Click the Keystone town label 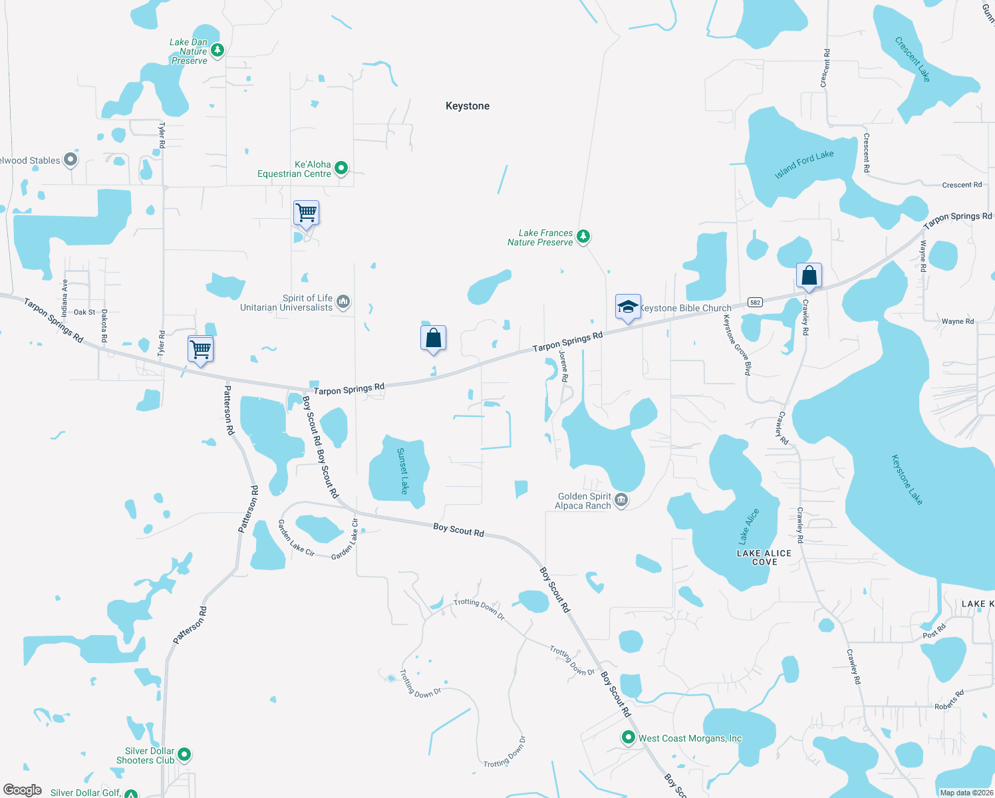468,106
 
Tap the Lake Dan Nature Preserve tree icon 217,51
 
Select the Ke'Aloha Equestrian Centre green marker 341,168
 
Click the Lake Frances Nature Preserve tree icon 583,236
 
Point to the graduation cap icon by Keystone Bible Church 628,307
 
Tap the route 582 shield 754,303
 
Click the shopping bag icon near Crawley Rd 809,275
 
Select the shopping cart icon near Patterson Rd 200,348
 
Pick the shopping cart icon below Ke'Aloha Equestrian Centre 306,213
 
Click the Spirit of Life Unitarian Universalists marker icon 343,303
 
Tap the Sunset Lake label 402,471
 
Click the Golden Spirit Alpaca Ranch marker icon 621,500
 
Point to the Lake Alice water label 749,526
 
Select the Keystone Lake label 907,479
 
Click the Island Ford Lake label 804,164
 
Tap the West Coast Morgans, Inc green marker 628,737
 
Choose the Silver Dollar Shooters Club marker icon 185,755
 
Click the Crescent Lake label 913,59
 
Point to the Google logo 23,790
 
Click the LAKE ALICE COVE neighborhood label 764,557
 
